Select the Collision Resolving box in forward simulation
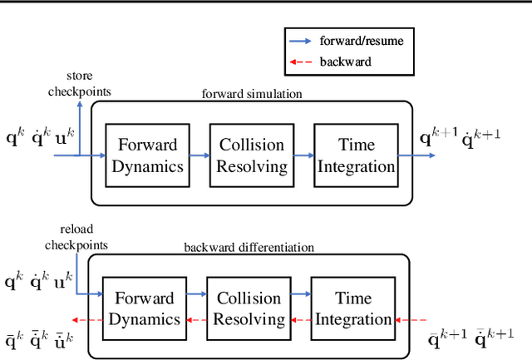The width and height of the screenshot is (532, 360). (252, 155)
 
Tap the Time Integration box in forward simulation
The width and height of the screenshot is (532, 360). (355, 155)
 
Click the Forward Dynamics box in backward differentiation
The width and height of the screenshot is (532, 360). (144, 308)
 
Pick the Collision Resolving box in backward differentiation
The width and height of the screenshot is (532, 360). (248, 308)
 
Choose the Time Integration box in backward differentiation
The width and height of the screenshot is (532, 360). (352, 308)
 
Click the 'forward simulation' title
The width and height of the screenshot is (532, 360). (251, 93)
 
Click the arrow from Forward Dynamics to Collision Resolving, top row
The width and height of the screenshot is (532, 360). (200, 155)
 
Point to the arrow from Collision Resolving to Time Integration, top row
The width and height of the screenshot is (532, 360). (303, 155)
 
